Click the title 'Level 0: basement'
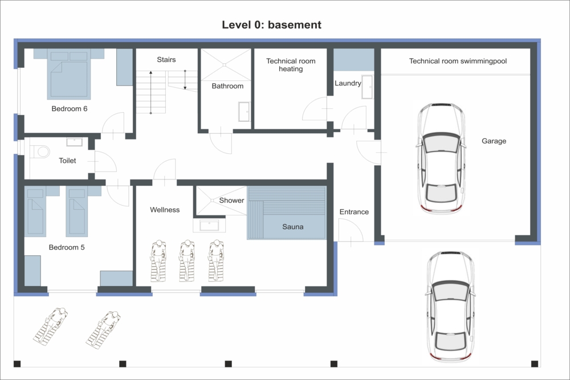pyautogui.click(x=271, y=24)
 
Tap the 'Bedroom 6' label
pyautogui.click(x=70, y=109)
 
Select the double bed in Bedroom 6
pyautogui.click(x=69, y=74)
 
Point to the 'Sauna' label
pyautogui.click(x=292, y=227)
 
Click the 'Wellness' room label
pyautogui.click(x=165, y=210)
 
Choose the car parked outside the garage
pyautogui.click(x=451, y=306)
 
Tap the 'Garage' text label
pyautogui.click(x=494, y=141)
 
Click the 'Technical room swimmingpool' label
pyautogui.click(x=458, y=61)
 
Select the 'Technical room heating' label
pyautogui.click(x=291, y=65)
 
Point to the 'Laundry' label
pyautogui.click(x=348, y=83)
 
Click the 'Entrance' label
pyautogui.click(x=354, y=212)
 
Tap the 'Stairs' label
pyautogui.click(x=166, y=60)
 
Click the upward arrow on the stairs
pyautogui.click(x=151, y=92)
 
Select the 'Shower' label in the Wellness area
pyautogui.click(x=231, y=200)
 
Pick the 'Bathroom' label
pyautogui.click(x=227, y=86)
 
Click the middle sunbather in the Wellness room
pyautogui.click(x=187, y=260)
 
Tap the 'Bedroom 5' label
pyautogui.click(x=67, y=247)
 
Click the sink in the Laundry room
pyautogui.click(x=367, y=87)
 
